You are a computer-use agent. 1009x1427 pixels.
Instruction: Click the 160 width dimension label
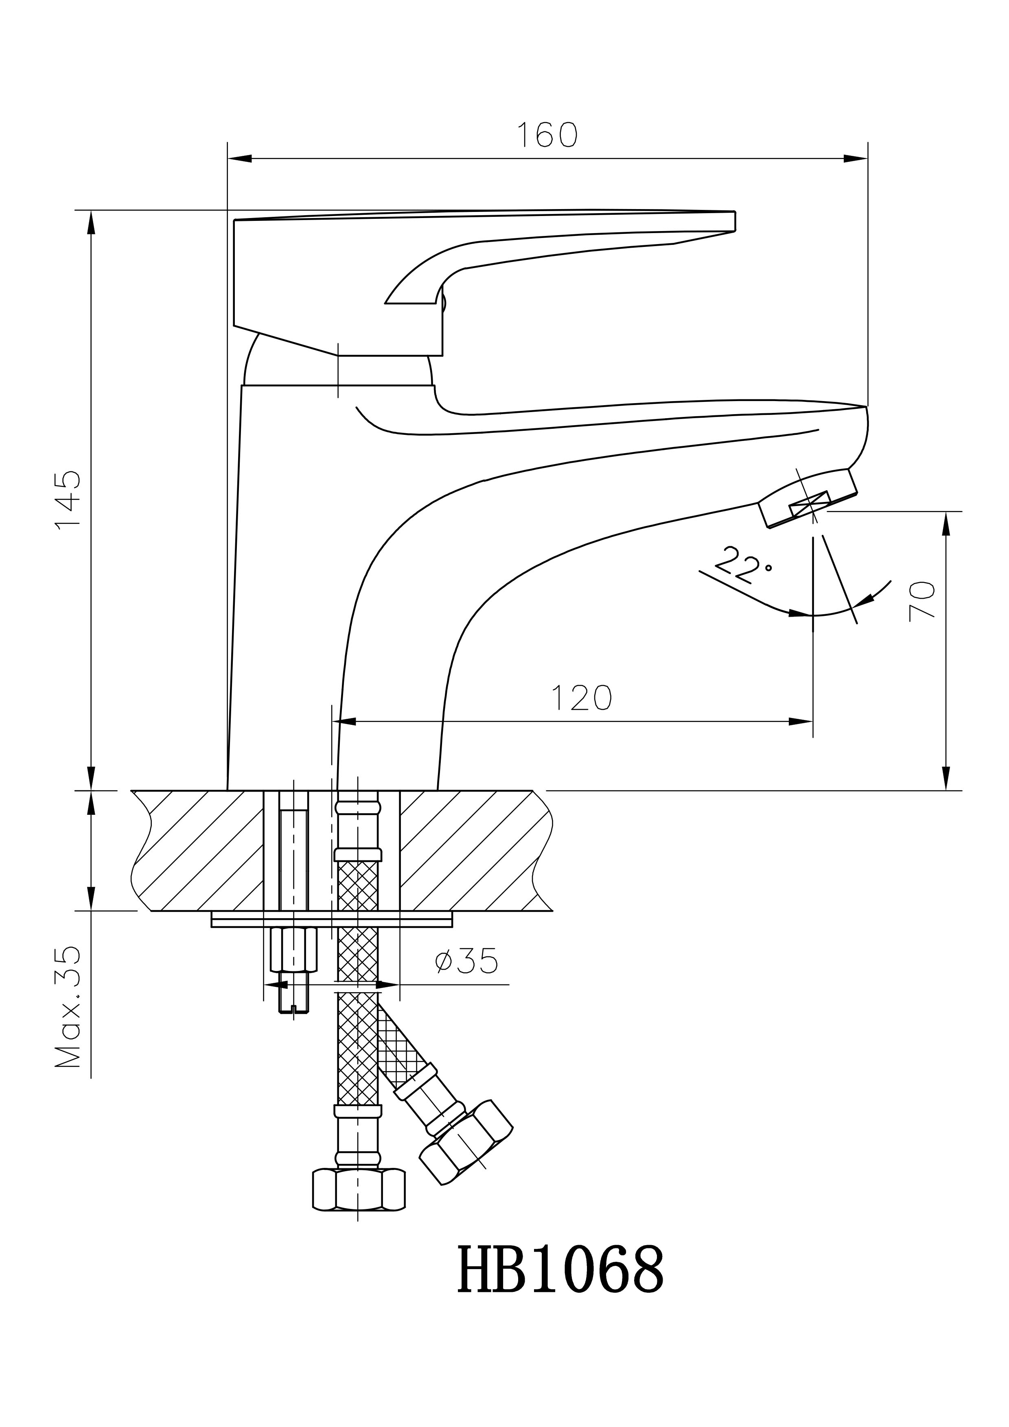(x=547, y=135)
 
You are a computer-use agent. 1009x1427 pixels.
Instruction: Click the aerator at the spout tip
(x=807, y=497)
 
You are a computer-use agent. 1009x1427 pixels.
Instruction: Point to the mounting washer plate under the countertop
(x=332, y=919)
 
